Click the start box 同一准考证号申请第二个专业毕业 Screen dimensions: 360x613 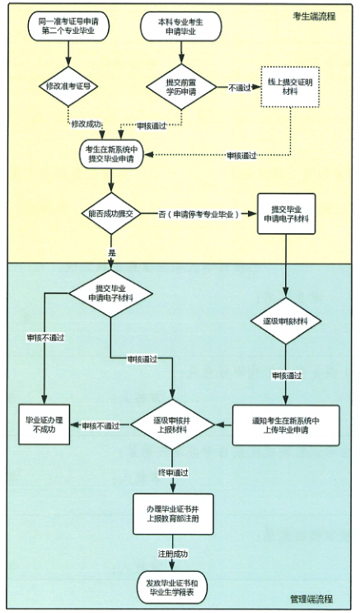click(68, 26)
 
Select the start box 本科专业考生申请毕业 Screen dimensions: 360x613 click(180, 26)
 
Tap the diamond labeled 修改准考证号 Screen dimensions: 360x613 click(68, 86)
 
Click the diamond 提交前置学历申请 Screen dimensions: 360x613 click(181, 87)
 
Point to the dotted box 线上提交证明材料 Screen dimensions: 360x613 click(290, 87)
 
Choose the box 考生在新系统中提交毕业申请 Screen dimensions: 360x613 click(112, 154)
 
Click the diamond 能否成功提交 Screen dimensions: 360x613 click(112, 213)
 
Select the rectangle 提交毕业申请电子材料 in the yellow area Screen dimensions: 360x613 click(286, 213)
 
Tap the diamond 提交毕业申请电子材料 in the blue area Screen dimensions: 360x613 click(111, 293)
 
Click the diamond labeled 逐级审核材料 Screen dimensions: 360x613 click(286, 321)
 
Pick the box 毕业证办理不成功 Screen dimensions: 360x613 click(44, 424)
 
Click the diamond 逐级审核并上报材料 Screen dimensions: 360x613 click(172, 425)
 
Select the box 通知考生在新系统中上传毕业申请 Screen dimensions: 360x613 click(286, 425)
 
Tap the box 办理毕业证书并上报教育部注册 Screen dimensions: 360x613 click(173, 514)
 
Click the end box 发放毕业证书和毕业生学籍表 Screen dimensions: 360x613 click(172, 584)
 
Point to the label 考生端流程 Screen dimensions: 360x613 click(314, 16)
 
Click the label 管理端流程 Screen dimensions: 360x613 click(311, 599)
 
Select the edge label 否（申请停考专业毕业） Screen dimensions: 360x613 click(199, 214)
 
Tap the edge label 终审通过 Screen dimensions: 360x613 click(173, 473)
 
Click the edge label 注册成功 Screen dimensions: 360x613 click(173, 554)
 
